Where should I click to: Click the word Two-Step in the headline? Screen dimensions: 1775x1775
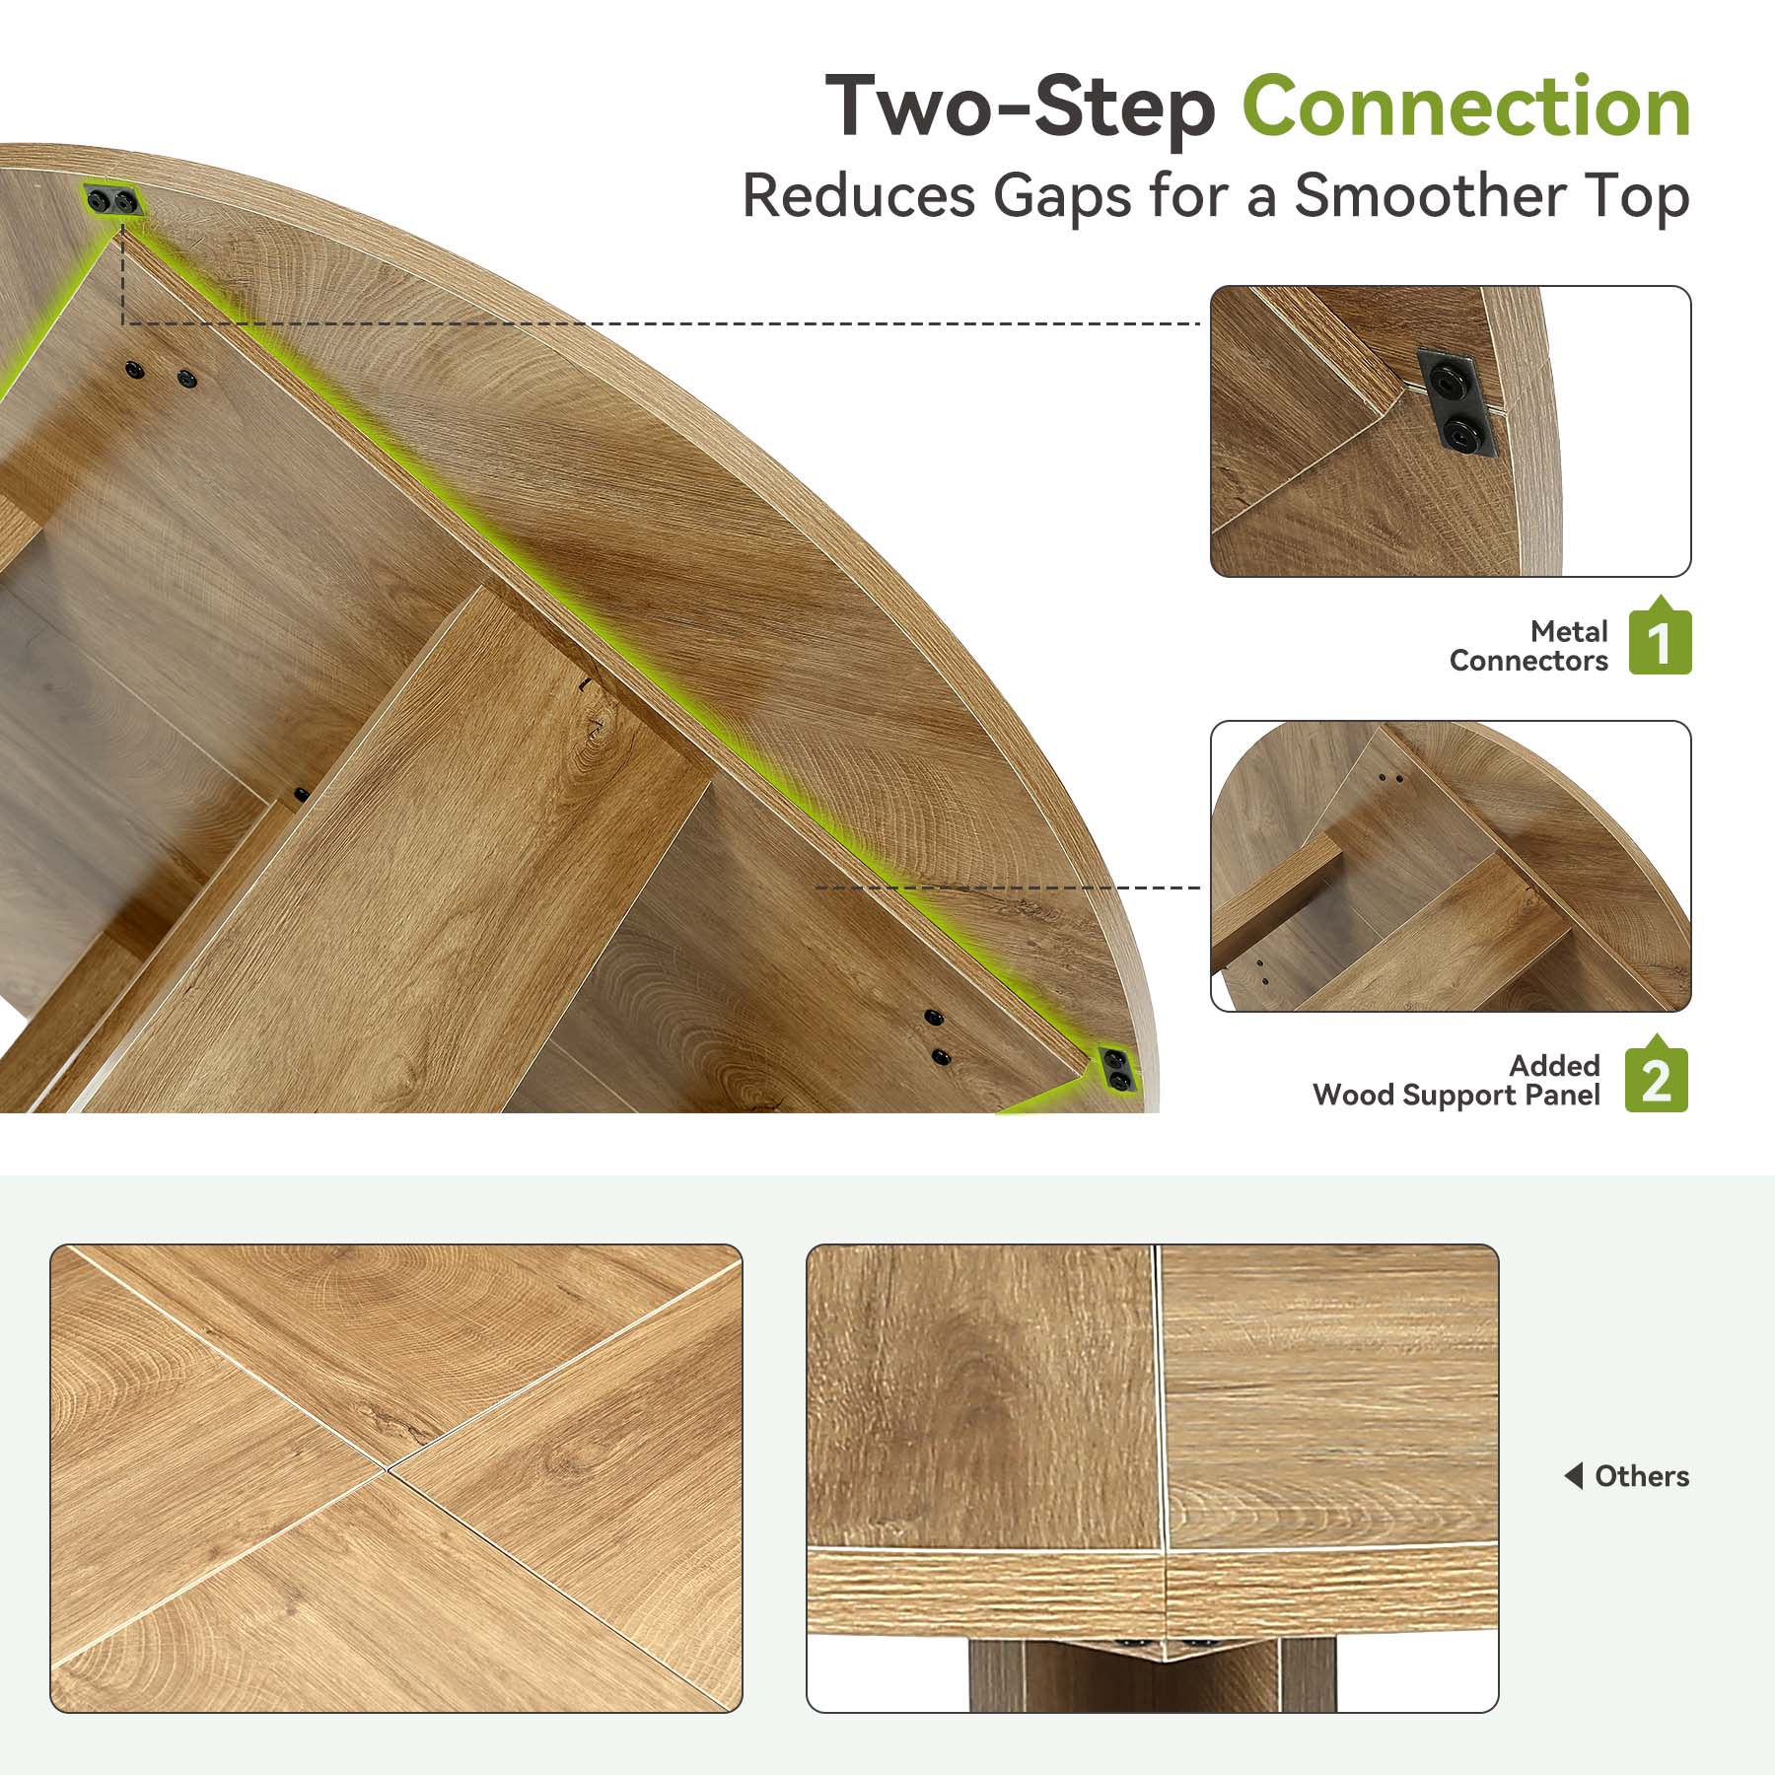1021,107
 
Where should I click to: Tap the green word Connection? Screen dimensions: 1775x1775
1466,106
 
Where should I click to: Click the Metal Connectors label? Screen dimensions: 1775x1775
1528,646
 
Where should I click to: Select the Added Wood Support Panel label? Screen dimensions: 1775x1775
1456,1080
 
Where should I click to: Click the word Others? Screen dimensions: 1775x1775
1642,1476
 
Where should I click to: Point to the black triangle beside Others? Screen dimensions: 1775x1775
1574,1476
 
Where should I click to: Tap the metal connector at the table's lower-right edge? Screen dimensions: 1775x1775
1116,1071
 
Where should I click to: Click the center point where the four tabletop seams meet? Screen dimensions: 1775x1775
386,1472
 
